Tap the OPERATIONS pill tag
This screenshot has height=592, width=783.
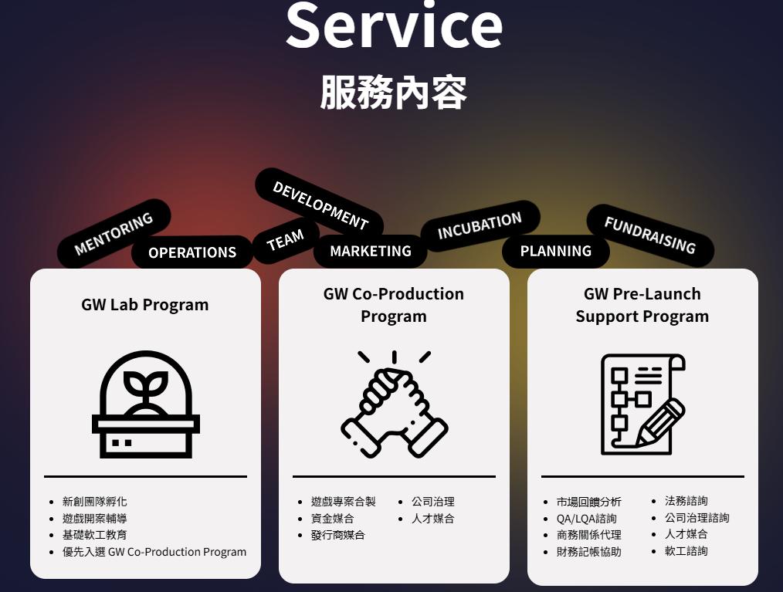[192, 252]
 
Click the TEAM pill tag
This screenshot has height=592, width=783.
[285, 241]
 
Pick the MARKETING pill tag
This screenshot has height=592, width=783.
[371, 251]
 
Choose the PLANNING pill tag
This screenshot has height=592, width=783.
[555, 251]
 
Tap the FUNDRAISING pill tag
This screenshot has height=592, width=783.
[649, 235]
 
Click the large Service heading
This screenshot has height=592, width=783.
[394, 25]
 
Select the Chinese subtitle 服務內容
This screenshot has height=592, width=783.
[394, 93]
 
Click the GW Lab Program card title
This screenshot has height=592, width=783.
[145, 304]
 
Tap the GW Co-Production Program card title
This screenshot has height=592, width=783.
[394, 305]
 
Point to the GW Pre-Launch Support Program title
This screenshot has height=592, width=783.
[642, 305]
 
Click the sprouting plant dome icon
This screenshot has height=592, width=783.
[146, 404]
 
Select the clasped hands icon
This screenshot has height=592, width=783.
[394, 404]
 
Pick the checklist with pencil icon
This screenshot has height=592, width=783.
[642, 404]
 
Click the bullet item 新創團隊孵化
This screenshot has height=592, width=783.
[94, 502]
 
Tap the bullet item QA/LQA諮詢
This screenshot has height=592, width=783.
[586, 519]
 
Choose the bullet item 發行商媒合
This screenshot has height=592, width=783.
[338, 535]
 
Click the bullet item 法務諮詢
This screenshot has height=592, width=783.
[686, 501]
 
